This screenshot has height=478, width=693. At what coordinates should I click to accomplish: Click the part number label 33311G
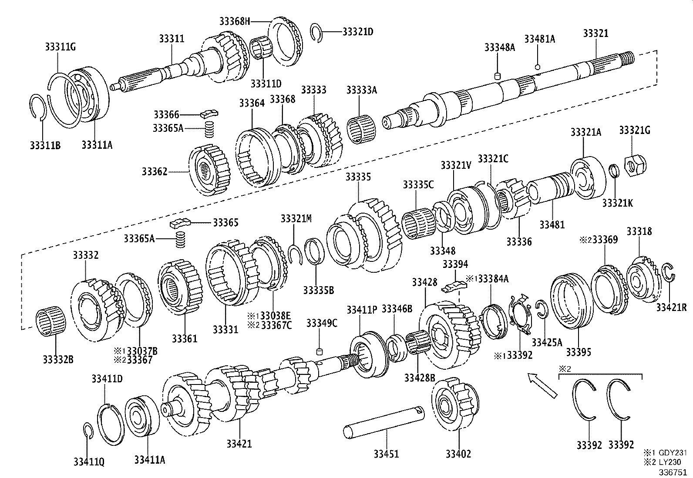coord(60,47)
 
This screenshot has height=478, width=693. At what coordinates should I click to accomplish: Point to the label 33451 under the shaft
coord(386,454)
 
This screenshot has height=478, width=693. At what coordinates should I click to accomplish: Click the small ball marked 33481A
coord(538,67)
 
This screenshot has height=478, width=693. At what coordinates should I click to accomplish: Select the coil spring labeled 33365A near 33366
coord(210,129)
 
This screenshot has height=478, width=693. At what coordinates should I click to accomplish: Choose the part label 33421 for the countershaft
coord(239,444)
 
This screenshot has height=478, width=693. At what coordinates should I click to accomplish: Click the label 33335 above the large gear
coord(358,177)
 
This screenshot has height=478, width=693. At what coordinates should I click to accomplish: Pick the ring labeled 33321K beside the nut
coord(614,170)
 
